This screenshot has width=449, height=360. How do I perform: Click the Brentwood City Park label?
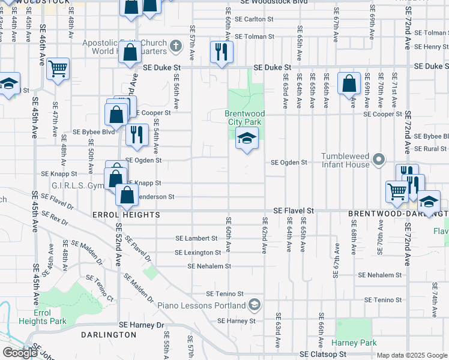pyautogui.click(x=246, y=118)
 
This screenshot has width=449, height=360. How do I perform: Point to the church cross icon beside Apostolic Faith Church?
pyautogui.click(x=176, y=46)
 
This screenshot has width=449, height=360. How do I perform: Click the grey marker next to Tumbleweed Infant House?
pyautogui.click(x=378, y=159)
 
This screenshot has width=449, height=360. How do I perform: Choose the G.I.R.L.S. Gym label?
pyautogui.click(x=78, y=186)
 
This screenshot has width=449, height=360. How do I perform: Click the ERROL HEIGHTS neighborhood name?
pyautogui.click(x=126, y=215)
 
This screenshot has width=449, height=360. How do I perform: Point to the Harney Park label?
pyautogui.click(x=354, y=343)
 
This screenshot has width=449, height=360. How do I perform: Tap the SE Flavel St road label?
pyautogui.click(x=294, y=211)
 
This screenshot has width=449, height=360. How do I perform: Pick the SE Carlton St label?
pyautogui.click(x=254, y=19)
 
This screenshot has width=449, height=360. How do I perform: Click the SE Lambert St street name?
pyautogui.click(x=196, y=239)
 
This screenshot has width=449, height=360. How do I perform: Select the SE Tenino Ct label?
pyautogui.click(x=100, y=287)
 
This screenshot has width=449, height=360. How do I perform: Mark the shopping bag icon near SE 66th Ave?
pyautogui.click(x=349, y=84)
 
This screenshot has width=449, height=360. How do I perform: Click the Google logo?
pyautogui.click(x=20, y=353)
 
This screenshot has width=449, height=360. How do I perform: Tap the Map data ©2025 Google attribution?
pyautogui.click(x=411, y=355)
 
